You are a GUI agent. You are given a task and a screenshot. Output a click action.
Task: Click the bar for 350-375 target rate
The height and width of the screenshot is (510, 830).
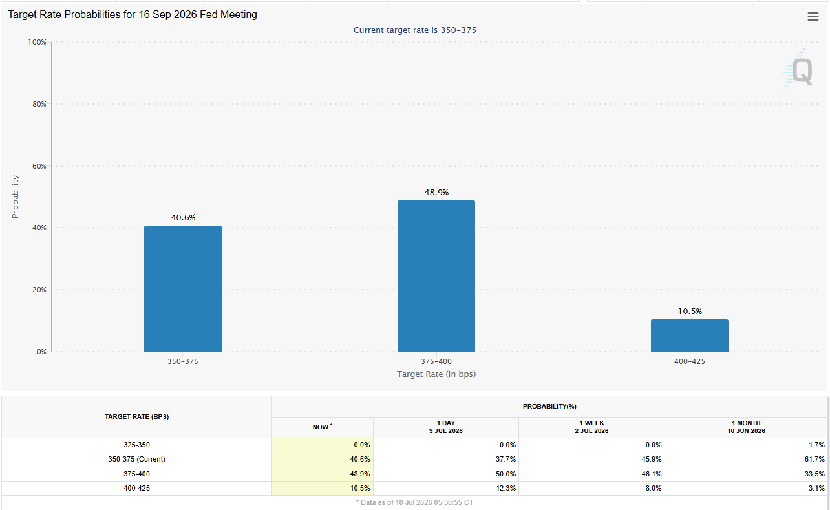tap(183, 288)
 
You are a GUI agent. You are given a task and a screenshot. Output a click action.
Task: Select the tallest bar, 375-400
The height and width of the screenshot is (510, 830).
tap(436, 276)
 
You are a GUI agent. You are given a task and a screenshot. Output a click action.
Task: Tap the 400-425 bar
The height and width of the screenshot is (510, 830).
tap(690, 335)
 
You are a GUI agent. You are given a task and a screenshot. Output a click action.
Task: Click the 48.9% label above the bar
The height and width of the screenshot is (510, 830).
tap(436, 193)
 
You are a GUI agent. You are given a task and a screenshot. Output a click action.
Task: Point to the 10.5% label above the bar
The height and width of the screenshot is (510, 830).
tap(690, 312)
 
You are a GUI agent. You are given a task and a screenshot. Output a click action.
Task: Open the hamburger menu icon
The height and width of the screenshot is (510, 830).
tap(813, 16)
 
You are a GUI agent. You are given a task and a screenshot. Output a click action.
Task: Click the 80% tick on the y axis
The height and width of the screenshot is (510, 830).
tap(39, 104)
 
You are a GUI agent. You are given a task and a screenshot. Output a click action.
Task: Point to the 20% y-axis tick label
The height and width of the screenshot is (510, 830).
tap(39, 290)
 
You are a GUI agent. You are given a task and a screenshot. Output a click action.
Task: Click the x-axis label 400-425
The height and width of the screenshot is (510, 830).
tap(690, 361)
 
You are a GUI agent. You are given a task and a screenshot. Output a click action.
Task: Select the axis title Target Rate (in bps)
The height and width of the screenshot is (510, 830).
tap(436, 374)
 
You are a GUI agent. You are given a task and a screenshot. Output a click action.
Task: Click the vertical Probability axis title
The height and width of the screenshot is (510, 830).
tap(16, 197)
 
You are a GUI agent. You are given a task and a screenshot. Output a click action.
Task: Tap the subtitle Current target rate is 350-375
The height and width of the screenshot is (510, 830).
tap(414, 30)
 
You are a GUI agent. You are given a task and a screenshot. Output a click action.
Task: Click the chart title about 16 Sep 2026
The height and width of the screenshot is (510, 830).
tap(133, 14)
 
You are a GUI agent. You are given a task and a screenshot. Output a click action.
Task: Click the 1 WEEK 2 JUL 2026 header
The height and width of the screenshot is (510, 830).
tap(591, 427)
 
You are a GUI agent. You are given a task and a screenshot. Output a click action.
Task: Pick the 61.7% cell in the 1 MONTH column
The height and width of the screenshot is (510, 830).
tap(814, 459)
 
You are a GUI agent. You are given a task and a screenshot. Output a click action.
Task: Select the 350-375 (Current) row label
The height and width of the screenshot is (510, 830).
tap(137, 459)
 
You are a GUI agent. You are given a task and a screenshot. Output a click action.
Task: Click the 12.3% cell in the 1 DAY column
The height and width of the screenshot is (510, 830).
tap(505, 488)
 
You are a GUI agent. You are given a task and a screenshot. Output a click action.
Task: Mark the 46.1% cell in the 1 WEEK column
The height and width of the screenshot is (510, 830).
tap(652, 474)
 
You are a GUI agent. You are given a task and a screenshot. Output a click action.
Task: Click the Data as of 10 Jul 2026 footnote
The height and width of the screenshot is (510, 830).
tap(414, 503)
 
